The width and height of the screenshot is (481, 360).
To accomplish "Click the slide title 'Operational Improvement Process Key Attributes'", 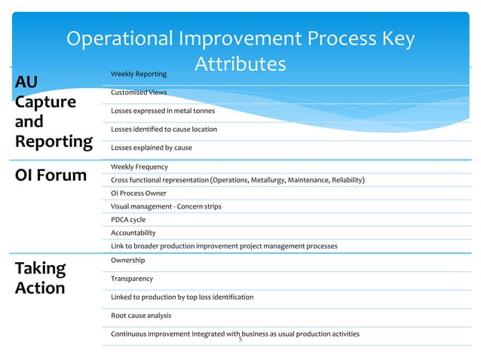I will [x=240, y=51].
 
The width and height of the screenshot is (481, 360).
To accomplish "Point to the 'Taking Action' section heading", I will [x=41, y=278].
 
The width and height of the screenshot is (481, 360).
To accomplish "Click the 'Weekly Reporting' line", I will [x=138, y=74].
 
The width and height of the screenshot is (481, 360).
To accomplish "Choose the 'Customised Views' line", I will [x=139, y=93].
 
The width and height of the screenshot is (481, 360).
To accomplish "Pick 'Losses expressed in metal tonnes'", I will [x=162, y=111].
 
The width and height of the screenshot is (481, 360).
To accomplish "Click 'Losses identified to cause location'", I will [x=164, y=130].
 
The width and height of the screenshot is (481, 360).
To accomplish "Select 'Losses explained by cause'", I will [x=151, y=148].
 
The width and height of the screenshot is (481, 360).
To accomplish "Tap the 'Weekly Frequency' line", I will [x=139, y=166].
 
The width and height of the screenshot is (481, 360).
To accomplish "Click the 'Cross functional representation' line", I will [x=237, y=180].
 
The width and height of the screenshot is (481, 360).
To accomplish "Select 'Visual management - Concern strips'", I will [x=166, y=206].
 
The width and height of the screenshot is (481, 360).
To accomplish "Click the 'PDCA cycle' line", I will [x=128, y=220].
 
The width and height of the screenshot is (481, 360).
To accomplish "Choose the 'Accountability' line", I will [x=133, y=233].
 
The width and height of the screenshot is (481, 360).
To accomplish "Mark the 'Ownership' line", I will [x=128, y=260].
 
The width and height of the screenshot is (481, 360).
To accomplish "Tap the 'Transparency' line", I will [x=132, y=279].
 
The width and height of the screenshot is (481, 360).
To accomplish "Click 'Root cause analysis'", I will [x=141, y=316].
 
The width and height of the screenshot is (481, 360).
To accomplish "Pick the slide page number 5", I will [x=240, y=340].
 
